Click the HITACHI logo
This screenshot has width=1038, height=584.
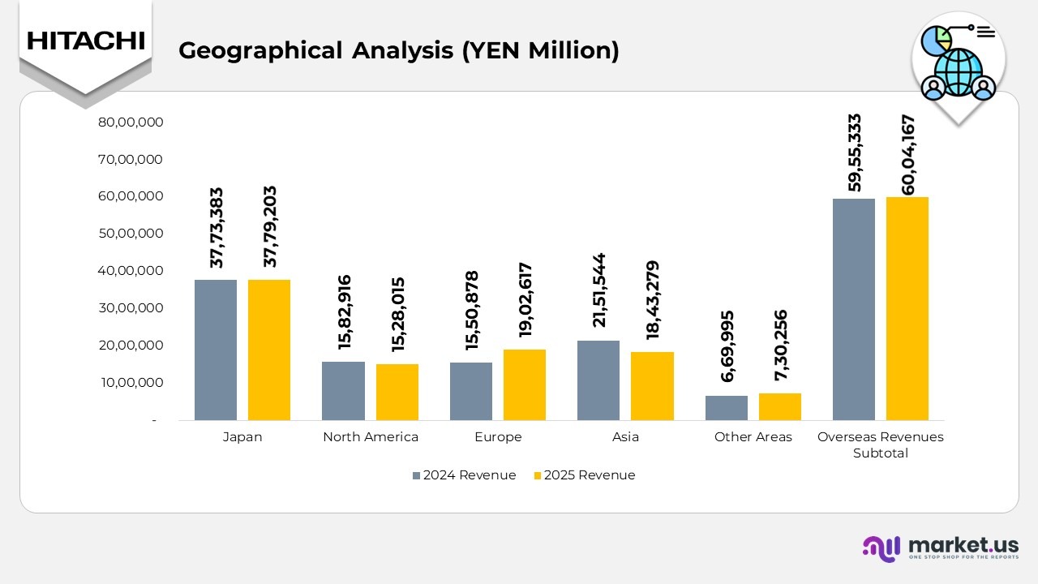(85, 41)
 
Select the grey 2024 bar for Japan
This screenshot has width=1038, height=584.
(216, 350)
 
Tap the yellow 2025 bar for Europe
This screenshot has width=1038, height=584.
(525, 384)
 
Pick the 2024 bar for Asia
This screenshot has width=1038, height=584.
(598, 380)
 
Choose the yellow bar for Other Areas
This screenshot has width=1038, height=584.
(780, 406)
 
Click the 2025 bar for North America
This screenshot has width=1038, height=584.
(397, 392)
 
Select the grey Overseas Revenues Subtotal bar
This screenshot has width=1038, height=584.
(854, 309)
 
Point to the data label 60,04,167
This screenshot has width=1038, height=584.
(907, 155)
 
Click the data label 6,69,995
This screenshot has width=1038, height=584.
(727, 346)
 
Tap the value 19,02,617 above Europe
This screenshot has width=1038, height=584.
(525, 299)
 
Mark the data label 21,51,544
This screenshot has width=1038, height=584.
(599, 290)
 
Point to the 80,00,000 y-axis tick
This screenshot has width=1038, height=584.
(131, 122)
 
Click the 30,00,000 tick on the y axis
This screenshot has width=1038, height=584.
(131, 308)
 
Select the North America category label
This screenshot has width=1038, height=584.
(371, 437)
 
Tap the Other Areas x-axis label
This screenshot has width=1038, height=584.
(753, 437)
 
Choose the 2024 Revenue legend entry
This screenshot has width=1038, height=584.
(464, 475)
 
